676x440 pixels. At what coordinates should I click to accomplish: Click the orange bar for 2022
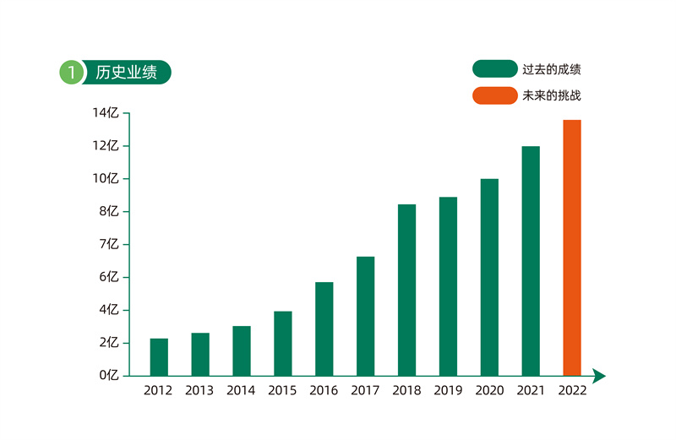(572, 247)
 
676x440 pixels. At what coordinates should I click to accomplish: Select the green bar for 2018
(406, 290)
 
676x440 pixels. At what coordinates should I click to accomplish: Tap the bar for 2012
(159, 356)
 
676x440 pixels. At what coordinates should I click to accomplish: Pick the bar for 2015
(282, 343)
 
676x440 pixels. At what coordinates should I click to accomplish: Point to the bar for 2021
(531, 260)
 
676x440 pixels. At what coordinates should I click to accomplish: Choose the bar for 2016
(324, 329)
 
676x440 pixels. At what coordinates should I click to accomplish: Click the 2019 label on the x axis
(448, 391)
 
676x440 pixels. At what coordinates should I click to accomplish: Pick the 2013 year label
(199, 391)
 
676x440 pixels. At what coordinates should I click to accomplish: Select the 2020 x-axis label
(489, 391)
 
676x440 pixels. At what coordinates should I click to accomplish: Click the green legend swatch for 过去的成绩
(494, 68)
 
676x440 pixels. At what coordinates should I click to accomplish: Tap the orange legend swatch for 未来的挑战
(494, 95)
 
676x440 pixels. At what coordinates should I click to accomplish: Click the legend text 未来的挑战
(552, 95)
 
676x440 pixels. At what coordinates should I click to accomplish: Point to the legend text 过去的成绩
(552, 68)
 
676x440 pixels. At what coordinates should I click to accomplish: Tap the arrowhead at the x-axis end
(599, 375)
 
